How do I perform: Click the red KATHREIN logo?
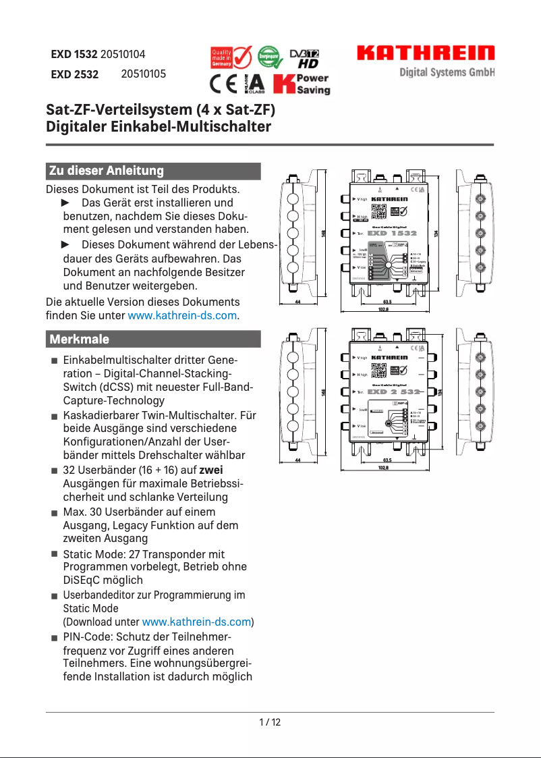pyautogui.click(x=426, y=53)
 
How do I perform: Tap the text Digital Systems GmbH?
pyautogui.click(x=447, y=72)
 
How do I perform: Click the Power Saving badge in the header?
pyautogui.click(x=302, y=84)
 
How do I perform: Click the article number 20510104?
pyautogui.click(x=123, y=54)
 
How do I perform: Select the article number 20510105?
pyautogui.click(x=143, y=74)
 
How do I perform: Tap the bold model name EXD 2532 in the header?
pyautogui.click(x=74, y=75)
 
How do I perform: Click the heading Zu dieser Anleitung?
pyautogui.click(x=106, y=171)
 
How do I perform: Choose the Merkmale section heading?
pyautogui.click(x=79, y=339)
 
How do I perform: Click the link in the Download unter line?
pyautogui.click(x=196, y=622)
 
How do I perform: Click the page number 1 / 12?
pyautogui.click(x=270, y=722)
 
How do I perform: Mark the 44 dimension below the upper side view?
pyautogui.click(x=297, y=302)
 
